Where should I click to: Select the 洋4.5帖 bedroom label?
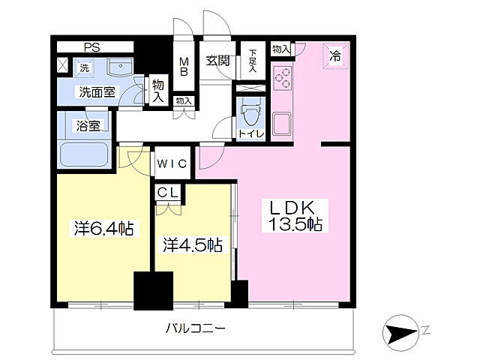(193, 244)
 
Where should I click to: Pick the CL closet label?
(168, 193)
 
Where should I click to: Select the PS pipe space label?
(91, 47)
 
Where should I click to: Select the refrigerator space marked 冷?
(334, 55)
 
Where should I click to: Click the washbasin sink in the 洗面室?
(118, 70)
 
